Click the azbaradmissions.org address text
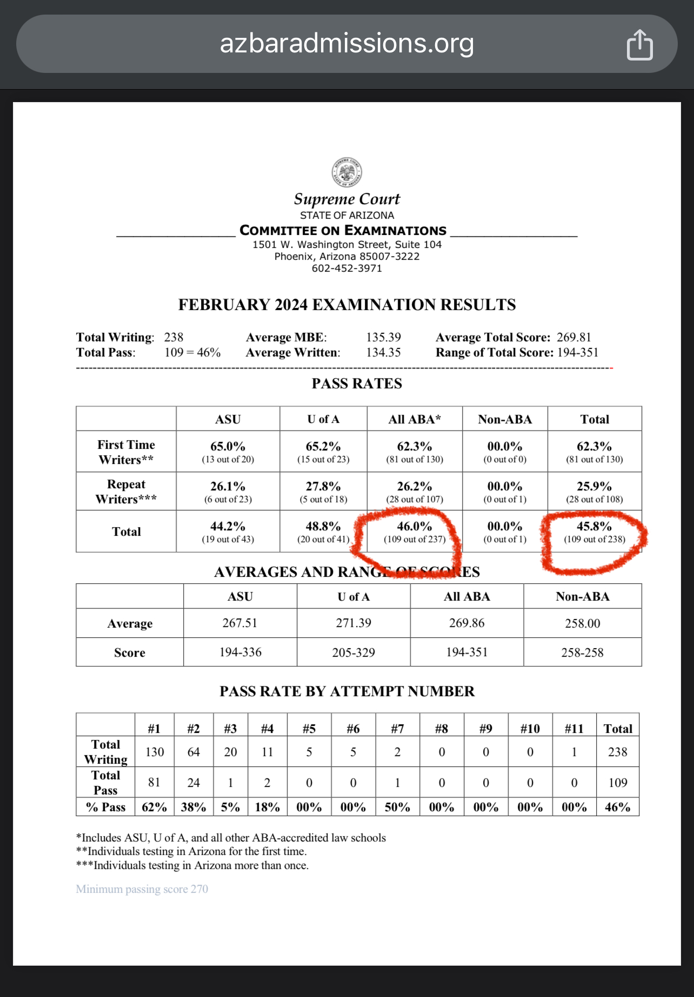(x=346, y=43)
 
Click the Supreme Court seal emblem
(x=346, y=172)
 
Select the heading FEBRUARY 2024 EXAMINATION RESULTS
(x=347, y=305)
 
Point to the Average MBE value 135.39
(x=383, y=338)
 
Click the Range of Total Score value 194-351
(x=578, y=353)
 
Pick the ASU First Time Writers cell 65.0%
(x=228, y=447)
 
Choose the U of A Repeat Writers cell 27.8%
(x=323, y=487)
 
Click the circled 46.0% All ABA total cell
(x=415, y=527)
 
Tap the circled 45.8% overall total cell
(x=594, y=527)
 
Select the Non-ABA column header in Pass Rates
(x=505, y=419)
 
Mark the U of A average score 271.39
(x=353, y=623)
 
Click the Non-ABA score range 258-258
(x=582, y=652)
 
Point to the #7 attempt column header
(x=397, y=729)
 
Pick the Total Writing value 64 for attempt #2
(x=193, y=752)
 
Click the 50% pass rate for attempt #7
(x=397, y=807)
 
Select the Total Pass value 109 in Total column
(x=617, y=783)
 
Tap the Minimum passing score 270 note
(x=142, y=889)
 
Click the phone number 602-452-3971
(x=346, y=268)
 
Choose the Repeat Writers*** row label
(x=126, y=491)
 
